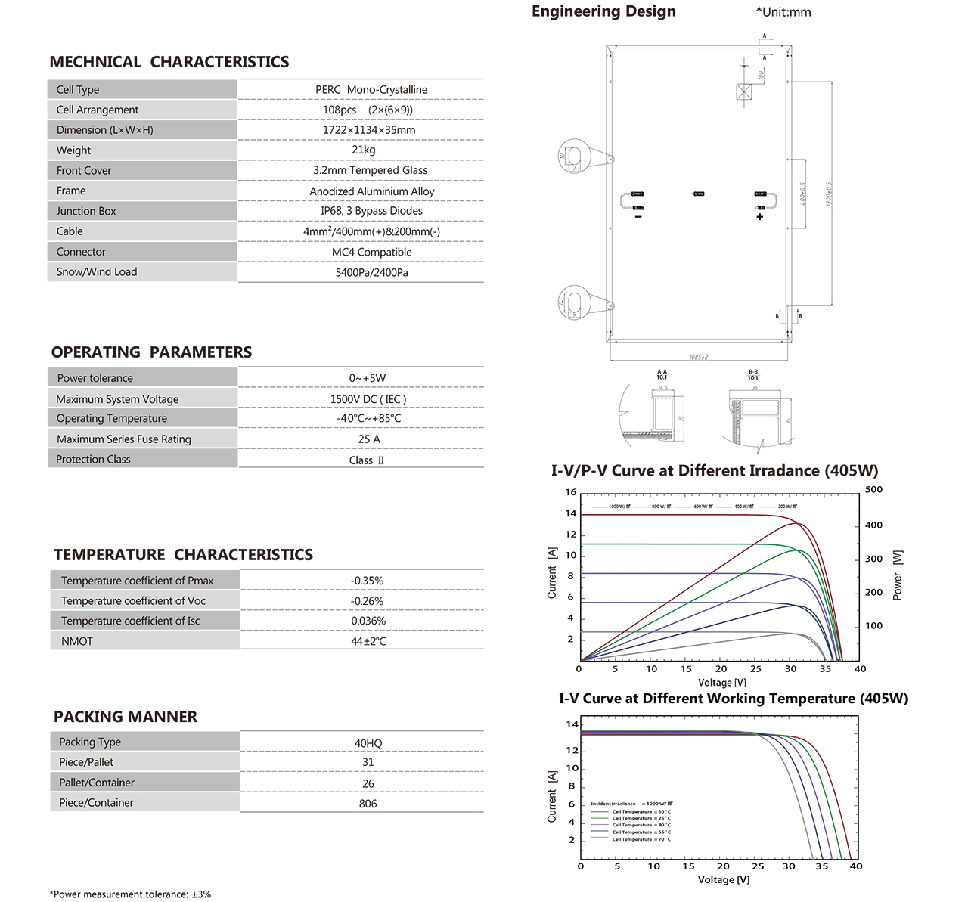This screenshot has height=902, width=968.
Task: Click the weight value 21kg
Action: point(363,150)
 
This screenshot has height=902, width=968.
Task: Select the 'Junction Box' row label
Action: point(86,211)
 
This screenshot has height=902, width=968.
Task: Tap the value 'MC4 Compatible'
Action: point(371,252)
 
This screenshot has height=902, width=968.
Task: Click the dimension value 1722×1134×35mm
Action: point(368,130)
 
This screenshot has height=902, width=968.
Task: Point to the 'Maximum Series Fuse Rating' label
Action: point(124,439)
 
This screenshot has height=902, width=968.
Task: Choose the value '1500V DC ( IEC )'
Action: point(368,399)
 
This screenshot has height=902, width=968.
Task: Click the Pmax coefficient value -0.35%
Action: point(367,581)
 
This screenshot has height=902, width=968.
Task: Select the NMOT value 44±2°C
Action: point(368,641)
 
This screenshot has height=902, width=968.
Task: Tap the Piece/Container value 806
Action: point(368,804)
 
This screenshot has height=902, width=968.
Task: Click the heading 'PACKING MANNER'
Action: point(126,717)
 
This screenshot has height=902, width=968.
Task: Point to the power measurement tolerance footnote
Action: point(130,894)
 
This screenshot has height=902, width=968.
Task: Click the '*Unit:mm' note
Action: point(783,12)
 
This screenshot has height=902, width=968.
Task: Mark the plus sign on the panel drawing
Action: point(759,217)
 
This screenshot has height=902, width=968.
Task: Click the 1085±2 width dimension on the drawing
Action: point(699,357)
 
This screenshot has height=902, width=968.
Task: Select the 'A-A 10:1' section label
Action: point(662,374)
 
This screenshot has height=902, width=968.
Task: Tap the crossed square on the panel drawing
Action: point(744,92)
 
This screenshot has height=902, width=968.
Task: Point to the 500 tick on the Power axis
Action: point(873,490)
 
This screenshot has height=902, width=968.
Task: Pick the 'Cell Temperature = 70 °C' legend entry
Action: point(641,839)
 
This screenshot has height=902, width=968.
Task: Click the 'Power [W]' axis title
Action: point(898,575)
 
